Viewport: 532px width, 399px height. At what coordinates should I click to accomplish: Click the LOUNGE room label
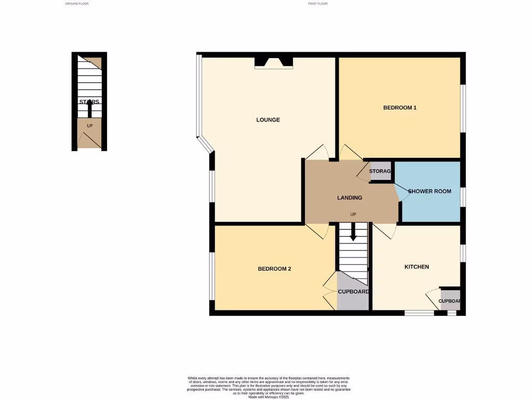[x=268, y=120]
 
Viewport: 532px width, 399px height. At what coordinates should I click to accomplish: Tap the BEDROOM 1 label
[x=400, y=108]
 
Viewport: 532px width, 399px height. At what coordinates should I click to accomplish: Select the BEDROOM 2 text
[x=275, y=269]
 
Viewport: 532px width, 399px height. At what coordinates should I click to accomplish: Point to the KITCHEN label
[x=417, y=267]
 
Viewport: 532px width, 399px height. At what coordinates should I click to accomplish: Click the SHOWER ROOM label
[x=429, y=191]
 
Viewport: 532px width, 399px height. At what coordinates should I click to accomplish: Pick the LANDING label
[x=350, y=198]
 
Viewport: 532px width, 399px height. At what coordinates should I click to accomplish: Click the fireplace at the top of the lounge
[x=274, y=63]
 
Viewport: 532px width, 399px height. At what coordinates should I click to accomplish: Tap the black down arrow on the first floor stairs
[x=353, y=232]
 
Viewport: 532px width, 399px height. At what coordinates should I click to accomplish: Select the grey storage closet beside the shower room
[x=380, y=171]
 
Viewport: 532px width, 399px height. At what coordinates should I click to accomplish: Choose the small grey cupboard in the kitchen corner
[x=449, y=301]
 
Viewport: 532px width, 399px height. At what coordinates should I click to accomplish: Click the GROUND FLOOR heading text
[x=77, y=4]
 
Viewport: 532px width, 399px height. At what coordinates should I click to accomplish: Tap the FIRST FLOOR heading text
[x=318, y=4]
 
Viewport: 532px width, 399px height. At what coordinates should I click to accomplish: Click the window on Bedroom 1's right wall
[x=463, y=108]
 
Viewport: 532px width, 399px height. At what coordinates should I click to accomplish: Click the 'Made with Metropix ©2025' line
[x=268, y=397]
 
